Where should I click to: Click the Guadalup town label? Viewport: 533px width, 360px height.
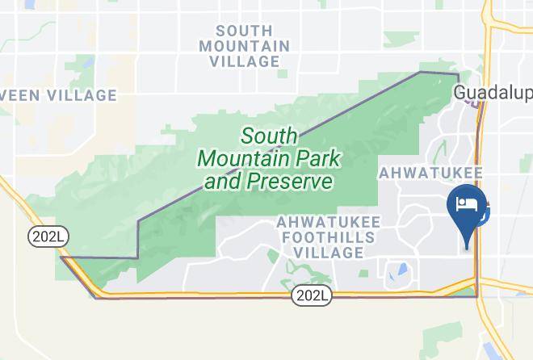(x=490, y=93)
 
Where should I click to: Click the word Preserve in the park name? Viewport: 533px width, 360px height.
(x=292, y=182)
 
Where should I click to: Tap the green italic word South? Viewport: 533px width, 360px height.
(x=270, y=136)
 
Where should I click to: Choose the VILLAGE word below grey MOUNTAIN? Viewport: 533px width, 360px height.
(x=245, y=61)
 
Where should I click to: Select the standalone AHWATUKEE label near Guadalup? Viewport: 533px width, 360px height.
(x=430, y=173)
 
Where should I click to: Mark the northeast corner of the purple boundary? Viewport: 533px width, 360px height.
(x=458, y=73)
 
